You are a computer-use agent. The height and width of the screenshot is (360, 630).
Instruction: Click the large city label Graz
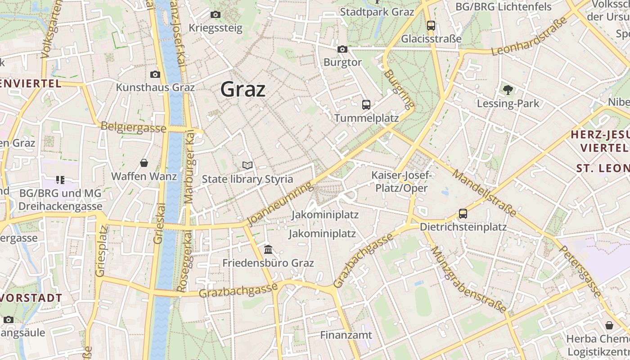[243, 90]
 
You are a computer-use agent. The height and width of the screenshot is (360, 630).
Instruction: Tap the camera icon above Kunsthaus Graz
[155, 74]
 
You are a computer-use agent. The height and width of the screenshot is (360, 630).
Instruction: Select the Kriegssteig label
[216, 28]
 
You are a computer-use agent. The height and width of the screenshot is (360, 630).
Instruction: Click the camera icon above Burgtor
[342, 49]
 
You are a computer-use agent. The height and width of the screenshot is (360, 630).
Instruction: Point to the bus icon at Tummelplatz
[366, 105]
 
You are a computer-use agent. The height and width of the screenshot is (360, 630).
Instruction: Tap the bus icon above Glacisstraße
[431, 25]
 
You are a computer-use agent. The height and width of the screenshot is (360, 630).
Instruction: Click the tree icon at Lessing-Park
[508, 90]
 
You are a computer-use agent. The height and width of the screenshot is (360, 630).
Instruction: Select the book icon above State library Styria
[247, 166]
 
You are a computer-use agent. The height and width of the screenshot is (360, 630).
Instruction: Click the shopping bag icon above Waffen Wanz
[144, 162]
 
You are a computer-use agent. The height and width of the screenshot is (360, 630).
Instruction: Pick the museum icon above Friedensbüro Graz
[269, 249]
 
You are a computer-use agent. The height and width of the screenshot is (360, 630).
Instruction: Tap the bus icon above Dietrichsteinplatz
[463, 214]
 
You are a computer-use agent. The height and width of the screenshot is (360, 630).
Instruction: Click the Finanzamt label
[346, 335]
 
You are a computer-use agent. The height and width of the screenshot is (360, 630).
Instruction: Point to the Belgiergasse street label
[134, 127]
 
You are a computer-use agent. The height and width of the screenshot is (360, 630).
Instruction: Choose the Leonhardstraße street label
[529, 37]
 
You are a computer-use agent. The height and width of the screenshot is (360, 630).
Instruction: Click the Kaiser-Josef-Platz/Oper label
[401, 181]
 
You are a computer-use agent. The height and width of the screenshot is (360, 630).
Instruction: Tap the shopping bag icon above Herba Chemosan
[609, 325]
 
